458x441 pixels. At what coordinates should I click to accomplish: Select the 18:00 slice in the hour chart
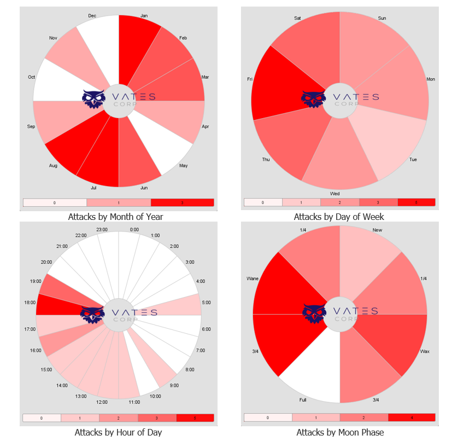point(60,304)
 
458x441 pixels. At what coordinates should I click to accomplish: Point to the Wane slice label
point(253,278)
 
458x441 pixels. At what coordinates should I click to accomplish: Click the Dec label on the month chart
point(92,16)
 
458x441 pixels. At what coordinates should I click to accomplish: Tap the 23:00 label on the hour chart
point(102,229)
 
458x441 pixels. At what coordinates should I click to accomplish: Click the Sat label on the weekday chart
point(297,18)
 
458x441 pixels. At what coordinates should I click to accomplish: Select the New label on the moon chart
point(377,230)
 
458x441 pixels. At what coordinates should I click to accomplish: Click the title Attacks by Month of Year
point(115,217)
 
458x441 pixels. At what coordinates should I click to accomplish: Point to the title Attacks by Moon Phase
point(338,432)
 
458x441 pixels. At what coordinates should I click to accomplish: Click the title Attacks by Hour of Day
point(118,432)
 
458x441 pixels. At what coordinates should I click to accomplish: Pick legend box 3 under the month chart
point(182,202)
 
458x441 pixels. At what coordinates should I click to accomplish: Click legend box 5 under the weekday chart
point(416,202)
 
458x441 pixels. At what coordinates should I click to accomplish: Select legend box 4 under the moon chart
point(412,417)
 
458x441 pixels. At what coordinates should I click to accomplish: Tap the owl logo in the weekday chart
point(314,98)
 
